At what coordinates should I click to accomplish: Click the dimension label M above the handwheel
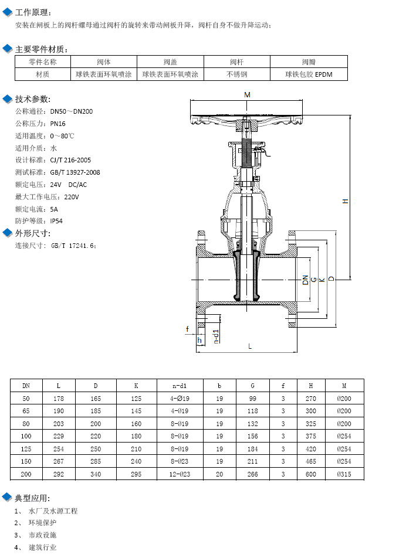click(x=247, y=94)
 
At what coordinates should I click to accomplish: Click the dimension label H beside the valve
click(x=346, y=201)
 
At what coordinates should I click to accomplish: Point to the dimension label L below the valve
click(x=250, y=346)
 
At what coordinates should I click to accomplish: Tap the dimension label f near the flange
click(x=187, y=329)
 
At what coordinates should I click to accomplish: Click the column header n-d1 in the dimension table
click(x=180, y=386)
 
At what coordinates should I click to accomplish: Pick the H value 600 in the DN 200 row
click(x=311, y=474)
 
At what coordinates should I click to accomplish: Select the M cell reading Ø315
click(x=344, y=474)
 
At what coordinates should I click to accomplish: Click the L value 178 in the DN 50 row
click(x=58, y=399)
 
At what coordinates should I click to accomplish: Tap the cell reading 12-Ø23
click(x=180, y=474)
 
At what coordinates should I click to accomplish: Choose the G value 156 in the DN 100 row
click(x=252, y=436)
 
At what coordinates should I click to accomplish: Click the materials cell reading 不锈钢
click(x=237, y=74)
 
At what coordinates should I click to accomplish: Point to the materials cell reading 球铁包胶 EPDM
click(x=309, y=74)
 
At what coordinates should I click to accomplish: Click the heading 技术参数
click(x=33, y=99)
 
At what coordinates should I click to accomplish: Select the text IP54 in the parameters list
click(x=57, y=221)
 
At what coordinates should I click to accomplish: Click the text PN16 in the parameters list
click(x=57, y=124)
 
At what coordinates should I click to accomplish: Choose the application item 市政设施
click(x=43, y=535)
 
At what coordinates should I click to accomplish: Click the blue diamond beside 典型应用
click(x=8, y=498)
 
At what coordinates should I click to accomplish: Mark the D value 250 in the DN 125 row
click(x=96, y=449)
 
